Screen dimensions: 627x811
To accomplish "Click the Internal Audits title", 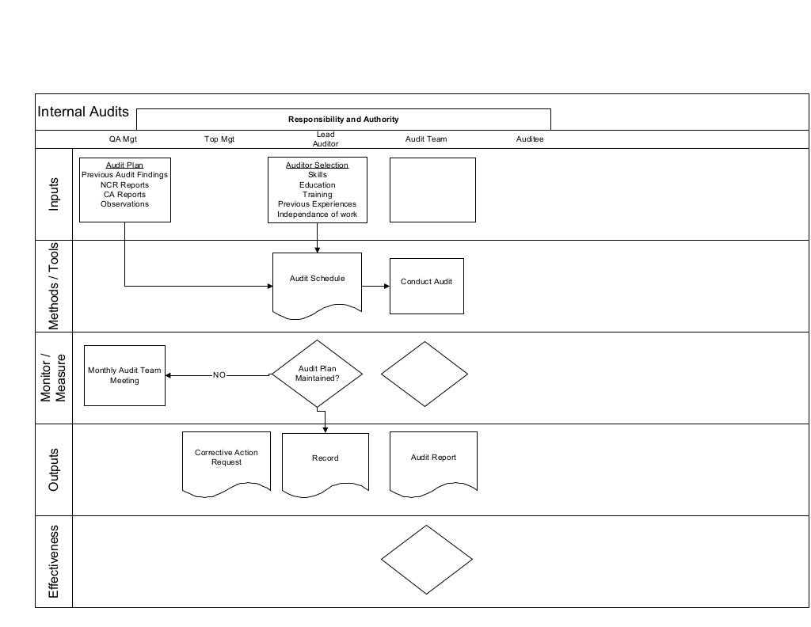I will tap(83, 112).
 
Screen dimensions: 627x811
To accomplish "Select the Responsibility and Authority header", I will tap(343, 120).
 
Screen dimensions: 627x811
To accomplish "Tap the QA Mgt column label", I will tap(123, 139).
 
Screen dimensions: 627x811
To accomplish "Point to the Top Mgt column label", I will tap(219, 139).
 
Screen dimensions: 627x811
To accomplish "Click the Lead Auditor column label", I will tap(326, 139).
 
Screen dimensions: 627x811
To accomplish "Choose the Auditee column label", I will tap(530, 139).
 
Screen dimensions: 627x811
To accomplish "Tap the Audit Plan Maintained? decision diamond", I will tap(317, 374).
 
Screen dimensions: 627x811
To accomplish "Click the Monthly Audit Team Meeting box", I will tap(124, 375).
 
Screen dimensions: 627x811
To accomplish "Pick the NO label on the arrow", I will tap(219, 375).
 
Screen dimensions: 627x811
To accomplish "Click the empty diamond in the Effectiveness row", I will tap(426, 560).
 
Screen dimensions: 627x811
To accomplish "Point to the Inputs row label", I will tap(54, 193).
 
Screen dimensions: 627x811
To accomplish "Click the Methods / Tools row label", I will tap(54, 286).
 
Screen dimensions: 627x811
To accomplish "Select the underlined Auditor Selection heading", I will tap(317, 165).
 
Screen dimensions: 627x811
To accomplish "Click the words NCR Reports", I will tap(124, 185).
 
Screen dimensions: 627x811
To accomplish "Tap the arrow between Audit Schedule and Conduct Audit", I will tap(375, 286).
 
